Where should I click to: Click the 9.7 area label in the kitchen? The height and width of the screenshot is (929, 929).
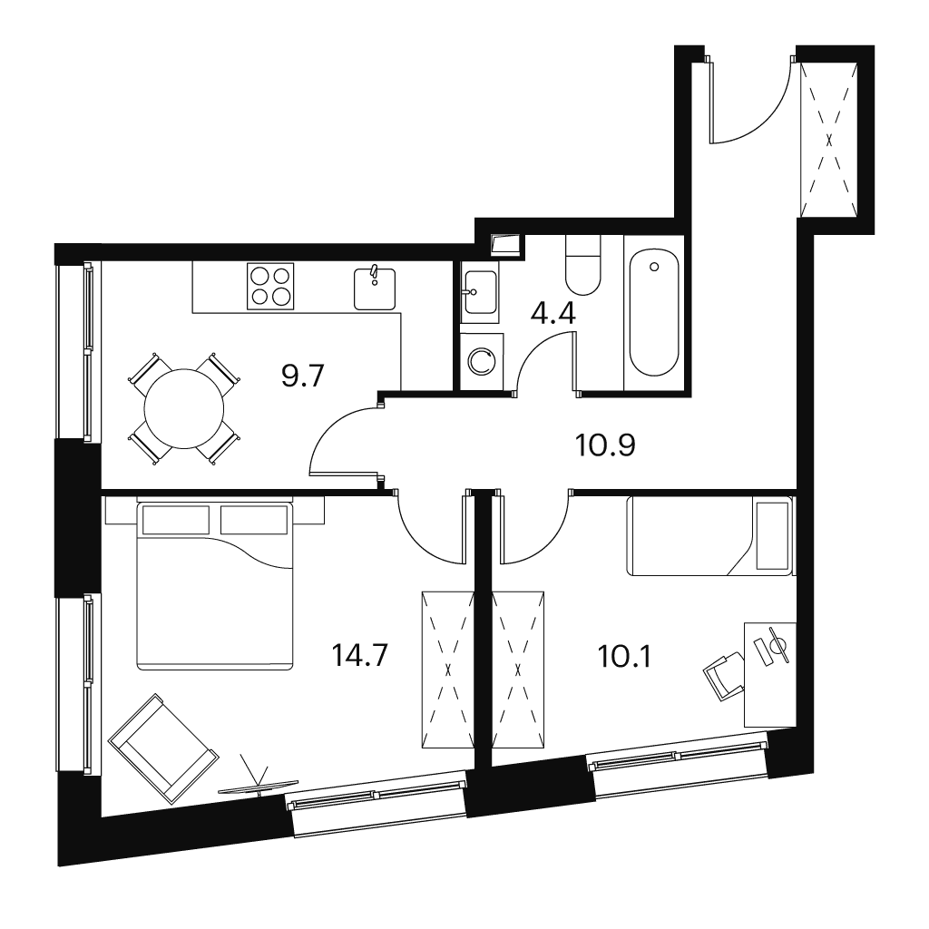(302, 376)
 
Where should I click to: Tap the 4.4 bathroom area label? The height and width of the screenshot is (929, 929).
(553, 313)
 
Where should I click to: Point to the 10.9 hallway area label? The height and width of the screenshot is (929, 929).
(605, 445)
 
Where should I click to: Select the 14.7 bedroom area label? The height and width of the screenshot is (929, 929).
(359, 656)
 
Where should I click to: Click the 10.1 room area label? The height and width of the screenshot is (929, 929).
(625, 657)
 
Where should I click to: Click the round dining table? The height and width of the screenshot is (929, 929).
(184, 408)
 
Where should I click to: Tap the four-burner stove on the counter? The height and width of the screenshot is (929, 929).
(270, 286)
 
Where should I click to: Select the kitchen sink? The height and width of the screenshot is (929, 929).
(375, 288)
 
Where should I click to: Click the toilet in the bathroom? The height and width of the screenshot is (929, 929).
(583, 265)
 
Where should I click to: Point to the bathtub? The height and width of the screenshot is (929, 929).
(654, 313)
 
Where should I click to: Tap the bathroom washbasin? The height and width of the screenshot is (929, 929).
(480, 292)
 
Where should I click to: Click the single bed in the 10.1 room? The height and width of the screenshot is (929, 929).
(710, 536)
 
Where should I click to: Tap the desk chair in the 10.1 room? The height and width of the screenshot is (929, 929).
(724, 675)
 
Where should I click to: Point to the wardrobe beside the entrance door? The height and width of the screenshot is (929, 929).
(829, 140)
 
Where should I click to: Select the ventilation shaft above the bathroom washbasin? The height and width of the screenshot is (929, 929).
(507, 244)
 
